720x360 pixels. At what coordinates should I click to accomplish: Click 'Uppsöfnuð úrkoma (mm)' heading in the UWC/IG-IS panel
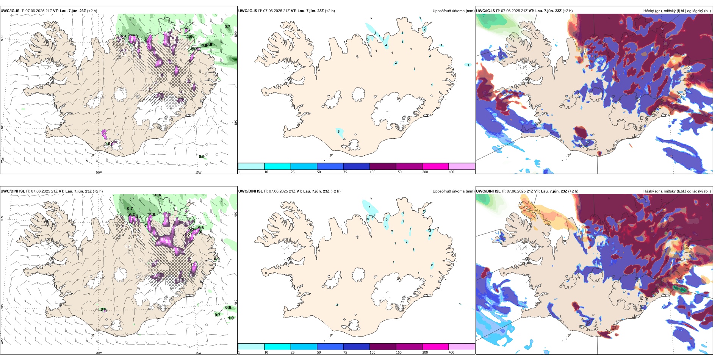(x=453, y=11)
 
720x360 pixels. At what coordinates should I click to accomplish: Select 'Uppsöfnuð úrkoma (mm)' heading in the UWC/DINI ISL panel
(x=453, y=191)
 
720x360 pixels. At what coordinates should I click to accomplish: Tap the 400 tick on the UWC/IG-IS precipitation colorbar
(x=451, y=172)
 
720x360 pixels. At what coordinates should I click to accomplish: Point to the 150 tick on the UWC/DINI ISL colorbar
(x=399, y=352)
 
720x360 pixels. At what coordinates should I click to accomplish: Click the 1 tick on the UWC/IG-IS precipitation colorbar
(x=239, y=172)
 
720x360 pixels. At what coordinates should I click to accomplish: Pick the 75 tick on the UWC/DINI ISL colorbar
(x=345, y=352)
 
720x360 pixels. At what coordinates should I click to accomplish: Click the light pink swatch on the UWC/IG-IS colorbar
(x=462, y=166)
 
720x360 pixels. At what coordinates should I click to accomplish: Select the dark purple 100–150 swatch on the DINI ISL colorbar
(x=383, y=347)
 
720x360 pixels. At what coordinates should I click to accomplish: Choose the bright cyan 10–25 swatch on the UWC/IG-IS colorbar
(x=277, y=166)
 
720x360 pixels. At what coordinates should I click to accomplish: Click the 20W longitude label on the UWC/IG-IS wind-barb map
(x=99, y=172)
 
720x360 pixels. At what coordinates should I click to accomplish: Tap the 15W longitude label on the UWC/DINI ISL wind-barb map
(x=198, y=353)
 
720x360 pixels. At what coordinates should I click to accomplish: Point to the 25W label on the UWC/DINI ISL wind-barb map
(x=2, y=341)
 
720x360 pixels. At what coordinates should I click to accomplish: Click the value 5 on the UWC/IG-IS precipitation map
(x=339, y=131)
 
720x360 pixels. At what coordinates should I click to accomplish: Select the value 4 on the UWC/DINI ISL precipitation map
(x=386, y=227)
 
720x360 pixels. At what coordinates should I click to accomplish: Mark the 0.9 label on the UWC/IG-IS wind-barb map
(x=202, y=157)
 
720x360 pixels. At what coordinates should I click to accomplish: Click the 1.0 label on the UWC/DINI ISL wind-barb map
(x=231, y=318)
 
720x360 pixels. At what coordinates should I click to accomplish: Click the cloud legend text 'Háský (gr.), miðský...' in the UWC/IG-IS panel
(x=677, y=11)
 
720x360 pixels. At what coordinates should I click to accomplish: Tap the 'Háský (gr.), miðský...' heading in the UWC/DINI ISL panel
(x=677, y=191)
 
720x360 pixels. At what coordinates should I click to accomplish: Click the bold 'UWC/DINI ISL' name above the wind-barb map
(x=13, y=191)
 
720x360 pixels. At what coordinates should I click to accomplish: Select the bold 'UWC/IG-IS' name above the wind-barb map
(x=10, y=11)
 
